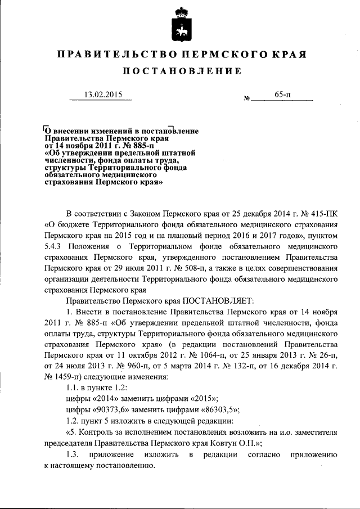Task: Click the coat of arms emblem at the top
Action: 180,25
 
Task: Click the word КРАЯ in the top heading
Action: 288,55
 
